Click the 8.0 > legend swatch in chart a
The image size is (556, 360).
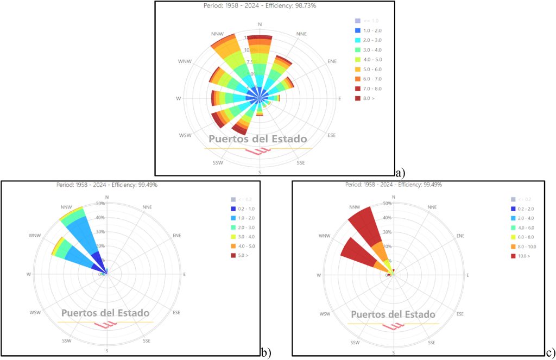click(357, 98)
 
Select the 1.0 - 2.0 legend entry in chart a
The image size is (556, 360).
click(371, 30)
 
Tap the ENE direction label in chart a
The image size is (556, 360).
click(332, 62)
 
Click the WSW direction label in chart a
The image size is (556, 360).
click(185, 135)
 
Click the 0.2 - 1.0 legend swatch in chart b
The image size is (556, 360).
click(233, 209)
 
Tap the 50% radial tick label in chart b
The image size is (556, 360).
click(100, 204)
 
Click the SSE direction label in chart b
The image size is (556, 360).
click(147, 341)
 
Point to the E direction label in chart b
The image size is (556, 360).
click(184, 275)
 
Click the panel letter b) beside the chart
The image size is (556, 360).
click(266, 353)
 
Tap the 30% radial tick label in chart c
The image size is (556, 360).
click(387, 232)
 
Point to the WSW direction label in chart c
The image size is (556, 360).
click(325, 314)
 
